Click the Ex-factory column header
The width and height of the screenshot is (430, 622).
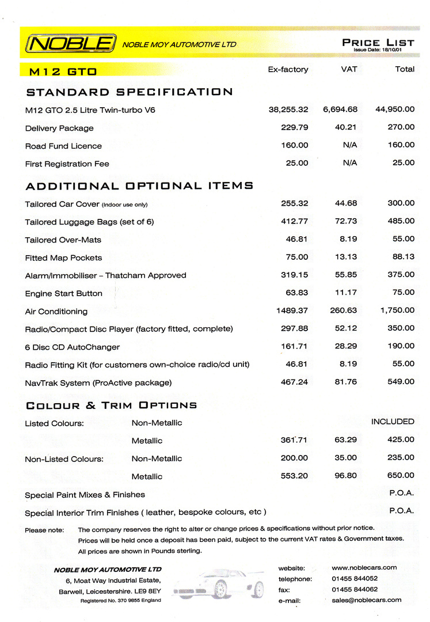pos(288,69)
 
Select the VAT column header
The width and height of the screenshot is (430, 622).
pos(349,69)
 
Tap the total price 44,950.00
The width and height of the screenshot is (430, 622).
pos(395,109)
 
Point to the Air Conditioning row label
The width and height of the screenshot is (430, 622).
pos(56,312)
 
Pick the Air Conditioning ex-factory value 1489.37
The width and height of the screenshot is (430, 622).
pos(292,310)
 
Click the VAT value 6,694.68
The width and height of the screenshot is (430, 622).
pos(340,109)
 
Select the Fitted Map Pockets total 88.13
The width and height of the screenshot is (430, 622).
pos(401,257)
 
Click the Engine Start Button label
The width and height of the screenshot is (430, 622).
pos(64,294)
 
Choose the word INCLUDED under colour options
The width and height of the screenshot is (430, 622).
pos(393,422)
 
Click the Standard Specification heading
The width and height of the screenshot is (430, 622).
pos(130,92)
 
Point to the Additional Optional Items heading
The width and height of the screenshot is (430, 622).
pos(139,186)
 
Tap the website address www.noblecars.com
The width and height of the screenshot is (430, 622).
pos(364,567)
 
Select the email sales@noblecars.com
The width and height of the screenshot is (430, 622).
pos(367,600)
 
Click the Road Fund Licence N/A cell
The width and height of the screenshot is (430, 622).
pos(349,145)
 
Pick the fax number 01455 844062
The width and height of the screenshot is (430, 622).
pos(355,589)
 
